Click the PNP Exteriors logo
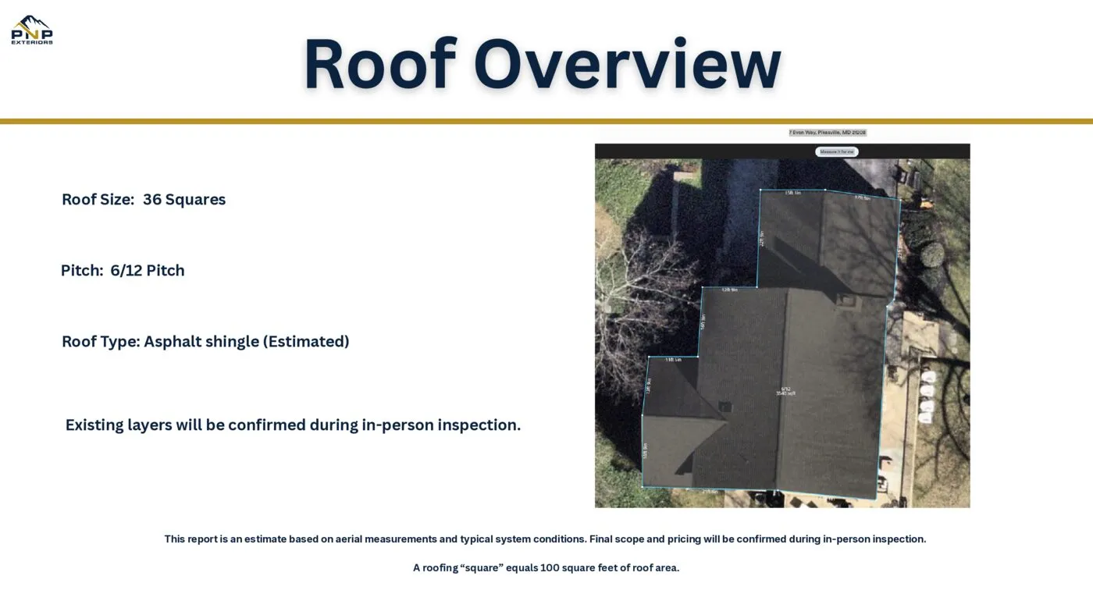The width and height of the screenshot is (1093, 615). coord(32,30)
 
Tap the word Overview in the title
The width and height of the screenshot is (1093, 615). coord(627,64)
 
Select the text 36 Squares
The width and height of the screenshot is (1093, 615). coord(184,199)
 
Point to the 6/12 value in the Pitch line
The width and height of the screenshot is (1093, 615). coord(126,270)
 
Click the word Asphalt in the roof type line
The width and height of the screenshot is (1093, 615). coord(172,341)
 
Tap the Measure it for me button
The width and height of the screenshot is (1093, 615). coord(836,151)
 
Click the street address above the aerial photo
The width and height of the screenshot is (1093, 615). coord(828,133)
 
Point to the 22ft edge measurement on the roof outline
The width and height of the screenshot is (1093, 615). coord(761,238)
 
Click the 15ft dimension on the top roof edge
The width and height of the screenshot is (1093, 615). coord(792,192)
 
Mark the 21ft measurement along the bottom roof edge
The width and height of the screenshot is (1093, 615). coord(709,492)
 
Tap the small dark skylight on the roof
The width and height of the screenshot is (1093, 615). coord(725,407)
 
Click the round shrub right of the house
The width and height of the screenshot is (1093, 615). coord(931,254)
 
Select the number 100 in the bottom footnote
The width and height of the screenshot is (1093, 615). coord(550,567)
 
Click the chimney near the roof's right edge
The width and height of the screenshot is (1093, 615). coord(846,299)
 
